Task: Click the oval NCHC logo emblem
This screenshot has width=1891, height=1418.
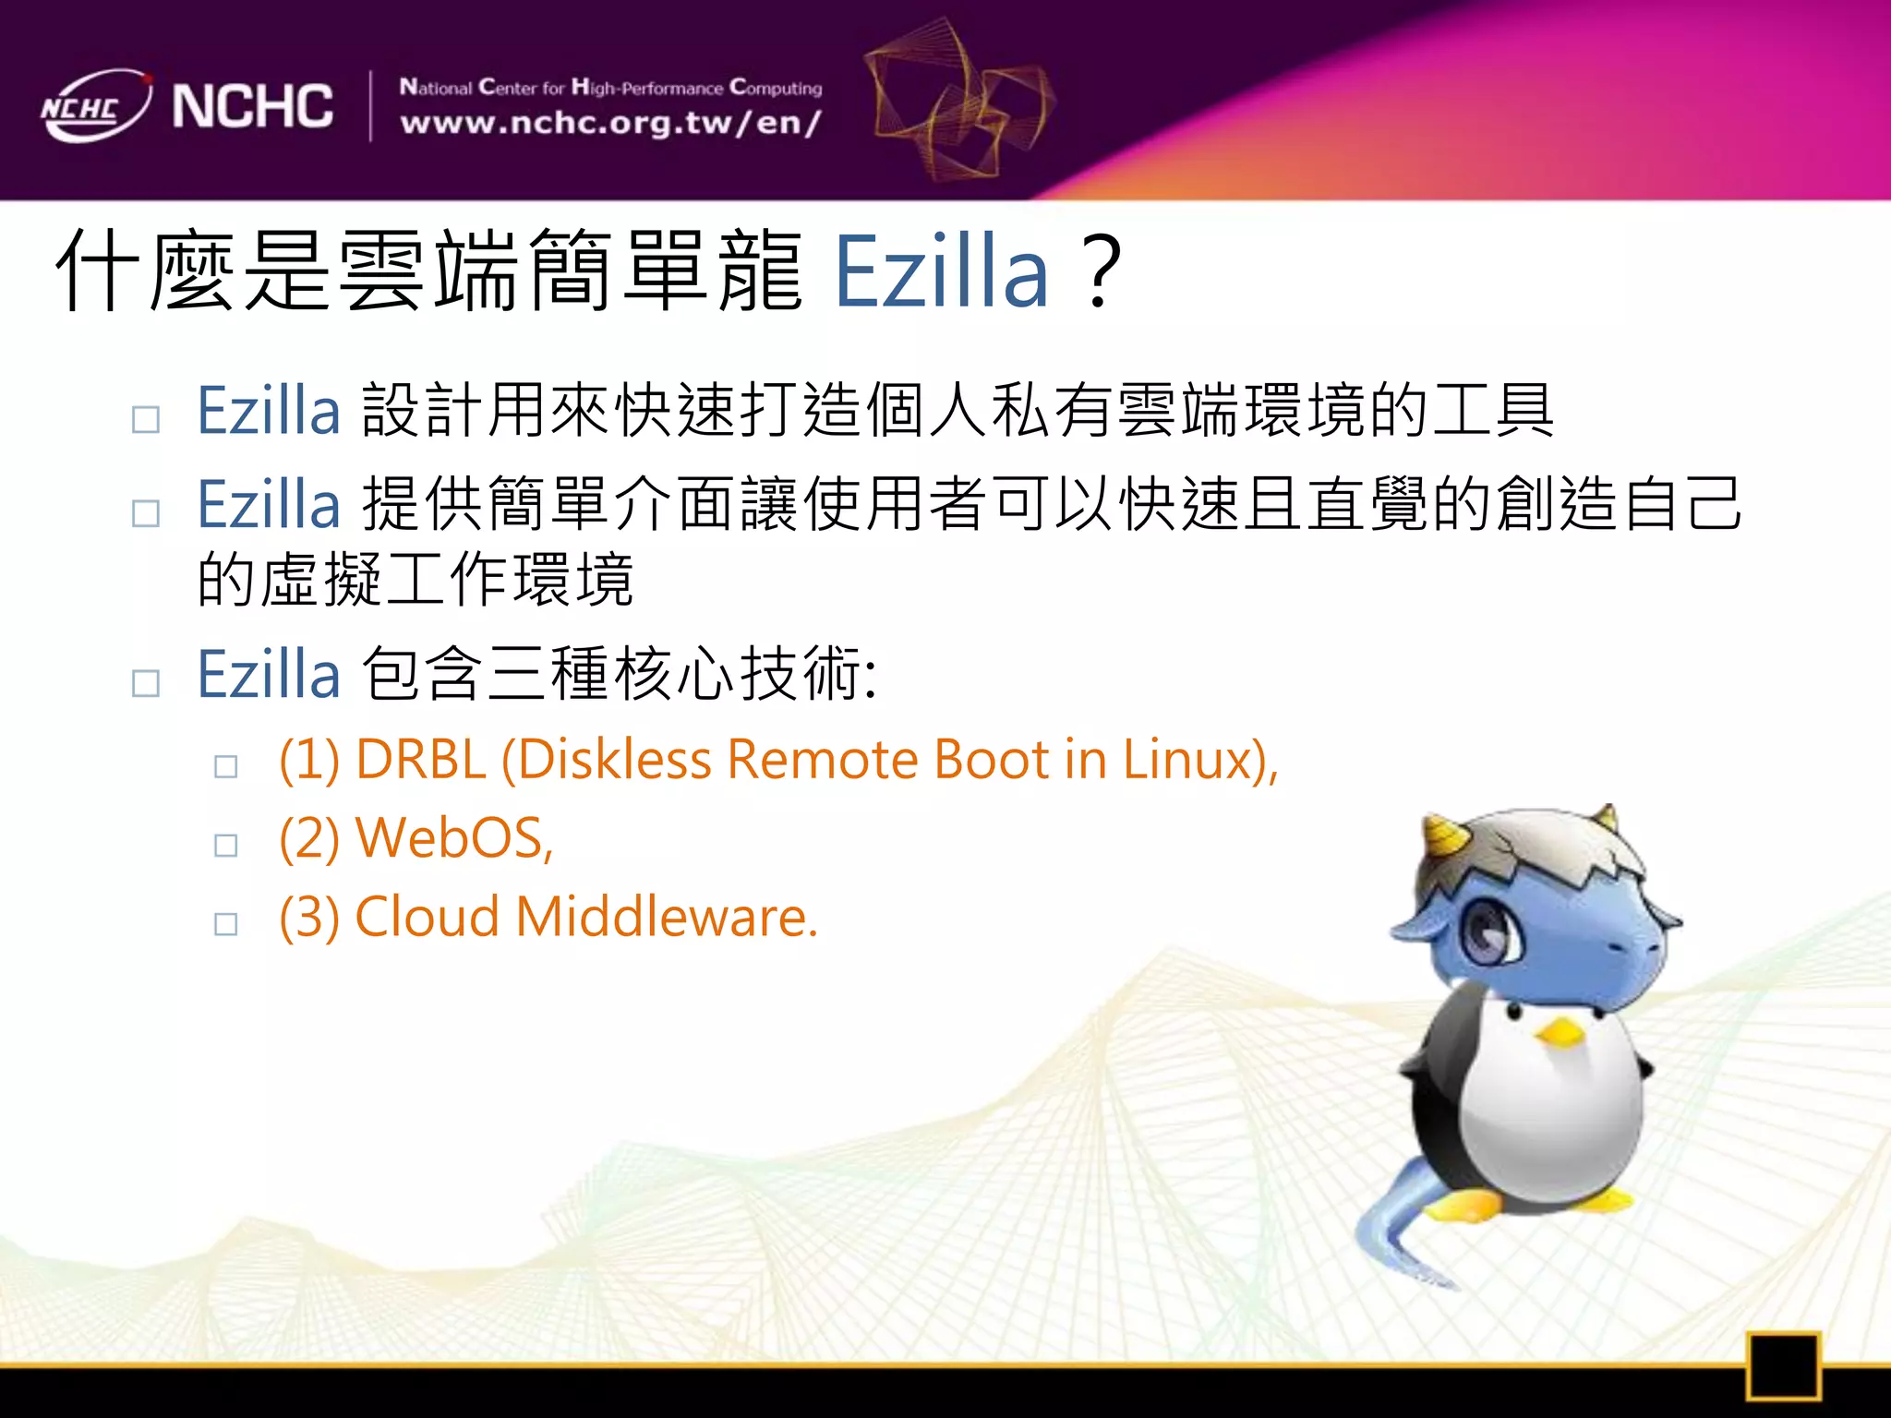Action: click(x=95, y=106)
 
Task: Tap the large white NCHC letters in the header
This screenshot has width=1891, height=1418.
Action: click(x=252, y=106)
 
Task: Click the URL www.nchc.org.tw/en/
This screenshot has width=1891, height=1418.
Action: click(x=610, y=123)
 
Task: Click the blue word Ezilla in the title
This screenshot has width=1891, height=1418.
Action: click(x=941, y=272)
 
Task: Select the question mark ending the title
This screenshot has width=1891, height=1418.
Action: click(x=1102, y=272)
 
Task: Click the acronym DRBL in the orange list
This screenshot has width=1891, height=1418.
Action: click(x=420, y=760)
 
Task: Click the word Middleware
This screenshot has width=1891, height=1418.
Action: click(x=666, y=918)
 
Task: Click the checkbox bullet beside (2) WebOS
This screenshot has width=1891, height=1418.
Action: click(x=226, y=845)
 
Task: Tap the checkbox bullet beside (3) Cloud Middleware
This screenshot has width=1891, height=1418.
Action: click(x=226, y=924)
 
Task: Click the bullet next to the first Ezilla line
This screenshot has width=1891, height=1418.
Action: click(x=146, y=420)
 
